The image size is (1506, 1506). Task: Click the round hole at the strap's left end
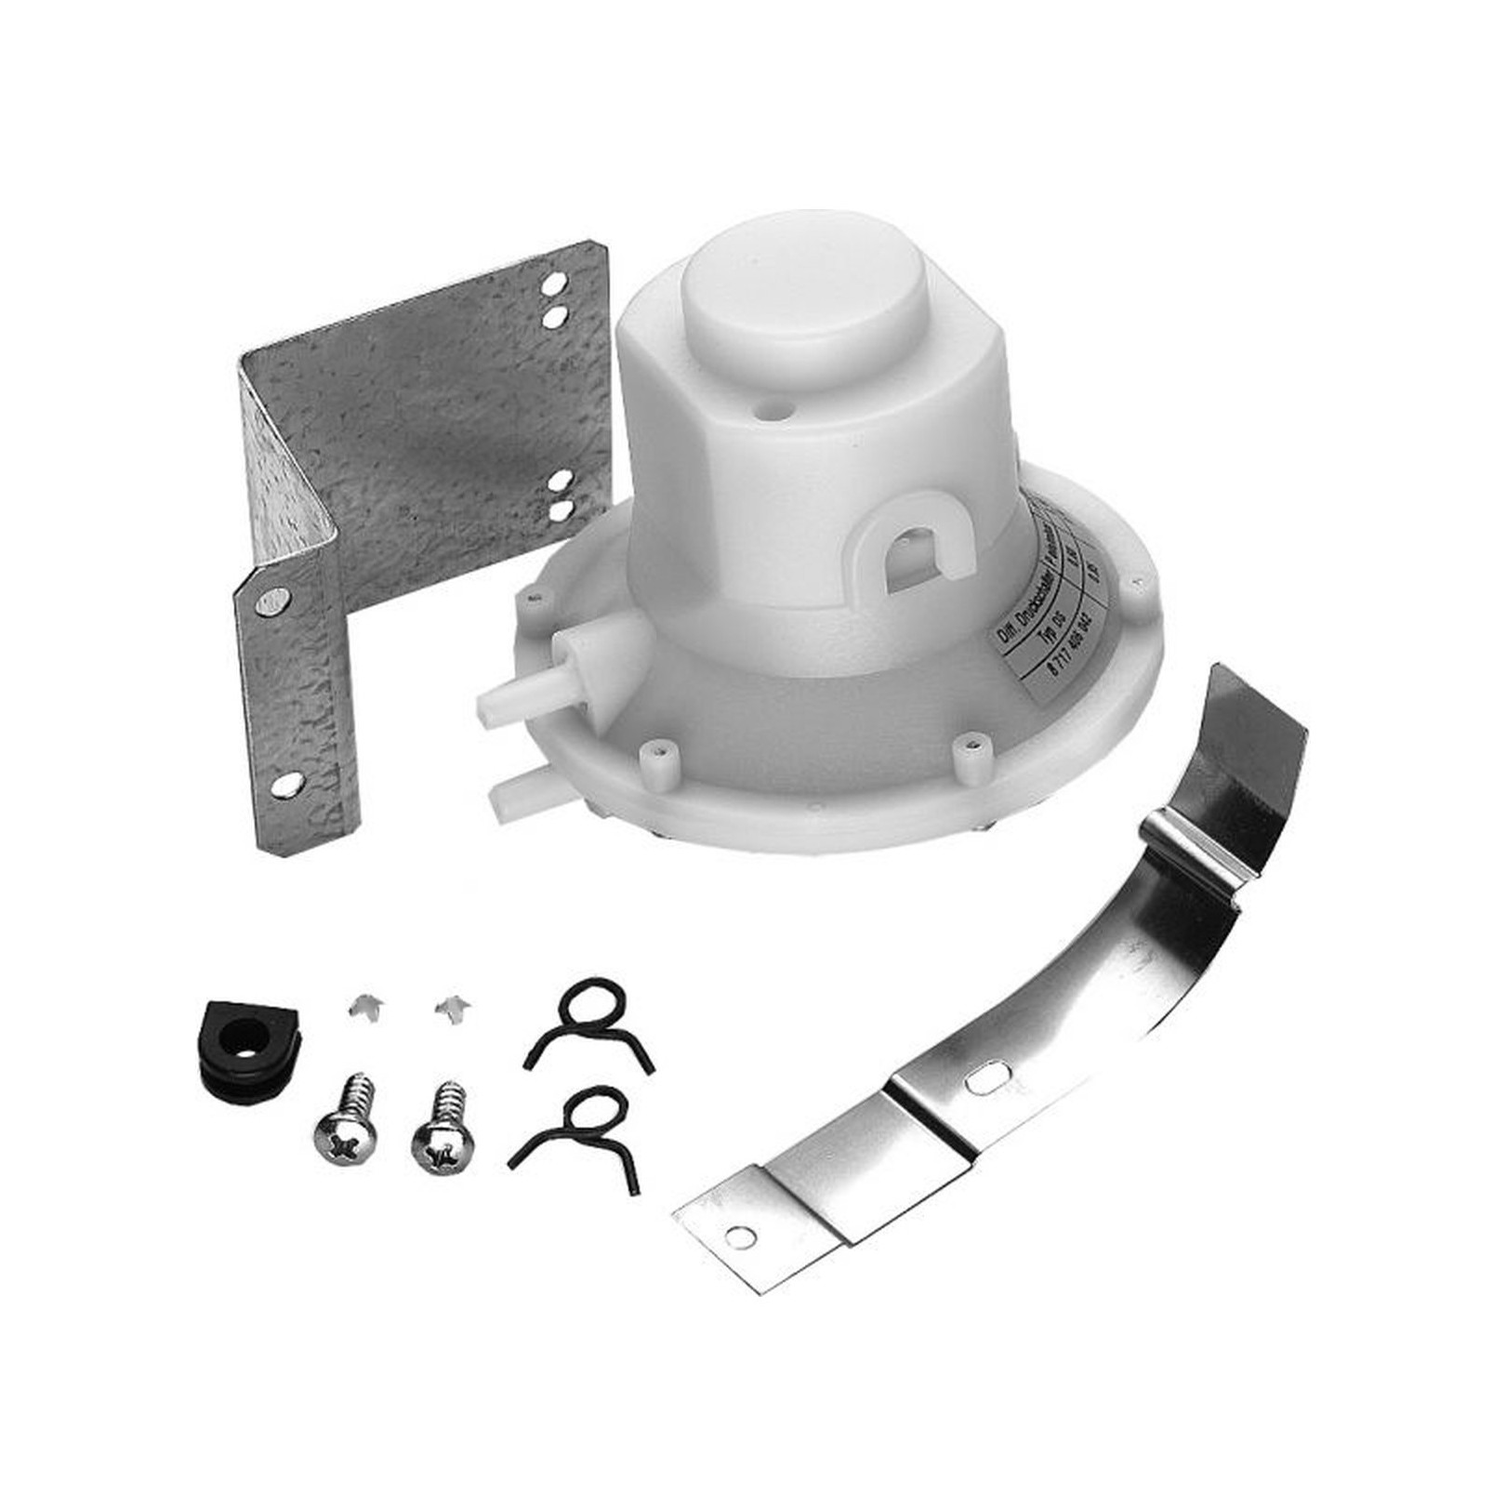tap(739, 1237)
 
